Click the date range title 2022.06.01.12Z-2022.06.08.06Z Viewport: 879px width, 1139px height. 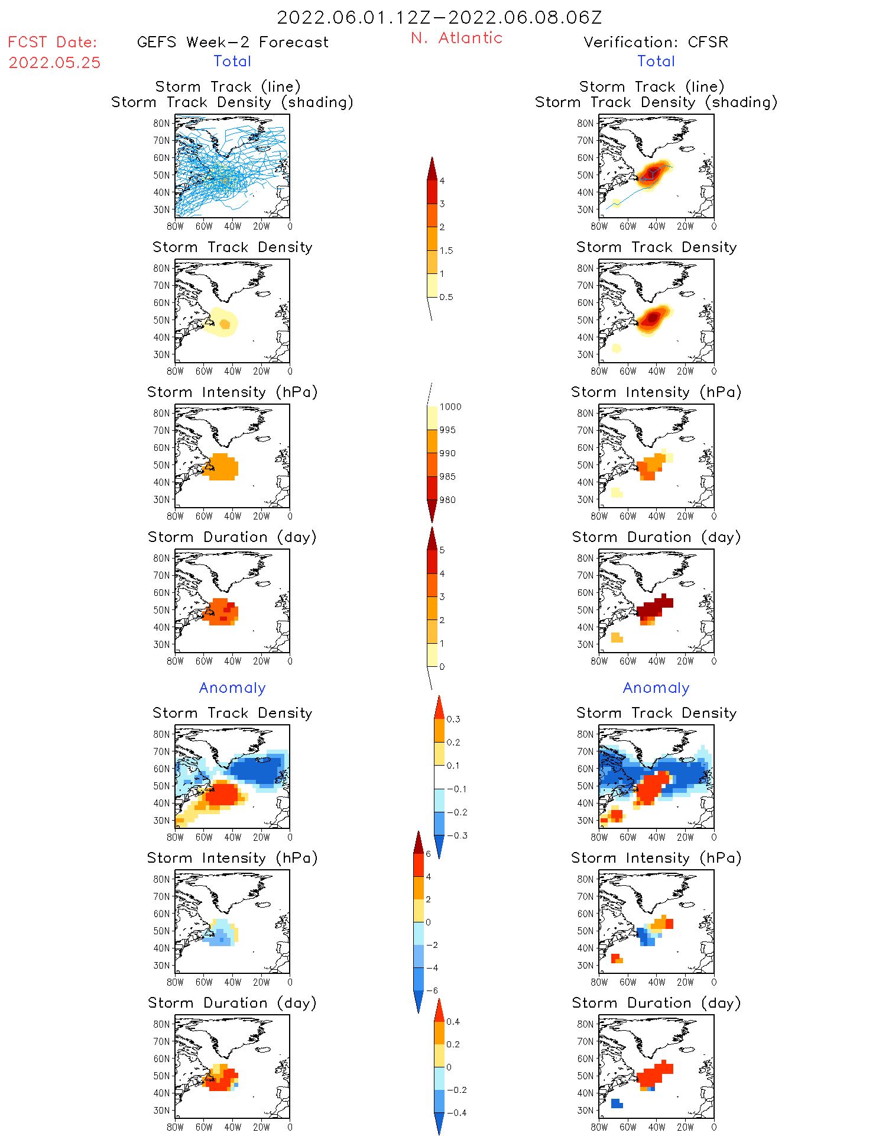pos(439,17)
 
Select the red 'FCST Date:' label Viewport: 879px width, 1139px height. pos(52,43)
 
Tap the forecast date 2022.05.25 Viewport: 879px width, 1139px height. pos(54,63)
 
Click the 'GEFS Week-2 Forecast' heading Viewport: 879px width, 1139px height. pos(232,43)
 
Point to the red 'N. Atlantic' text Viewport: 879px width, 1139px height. pos(456,38)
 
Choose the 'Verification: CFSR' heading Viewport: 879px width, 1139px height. pos(656,43)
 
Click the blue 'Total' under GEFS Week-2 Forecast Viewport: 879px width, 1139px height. pos(232,62)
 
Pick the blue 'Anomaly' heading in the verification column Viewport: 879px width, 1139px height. pos(656,688)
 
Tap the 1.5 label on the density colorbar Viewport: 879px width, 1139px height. pos(446,251)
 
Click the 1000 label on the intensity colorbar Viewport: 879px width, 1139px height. pos(450,407)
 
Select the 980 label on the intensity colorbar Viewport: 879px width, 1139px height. pos(447,500)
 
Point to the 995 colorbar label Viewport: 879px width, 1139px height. pos(447,430)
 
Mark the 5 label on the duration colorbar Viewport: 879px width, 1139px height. pos(442,550)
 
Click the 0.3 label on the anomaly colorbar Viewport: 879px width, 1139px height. pos(453,719)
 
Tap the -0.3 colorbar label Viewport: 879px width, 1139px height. pos(456,836)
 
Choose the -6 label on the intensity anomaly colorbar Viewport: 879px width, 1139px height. pos(432,990)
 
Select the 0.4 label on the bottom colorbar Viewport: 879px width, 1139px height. pos(453,1022)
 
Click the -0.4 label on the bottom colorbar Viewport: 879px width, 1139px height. pos(456,1113)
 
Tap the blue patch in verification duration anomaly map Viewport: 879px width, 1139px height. pos(616,1103)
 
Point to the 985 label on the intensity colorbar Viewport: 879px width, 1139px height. pos(447,477)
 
